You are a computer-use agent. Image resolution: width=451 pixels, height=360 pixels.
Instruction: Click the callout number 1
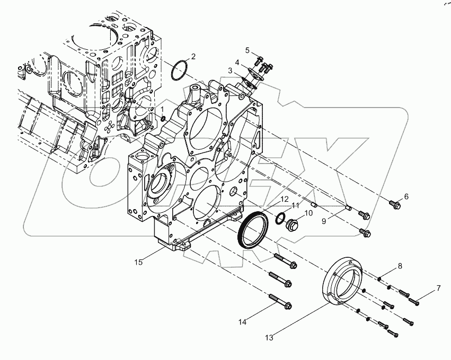163,109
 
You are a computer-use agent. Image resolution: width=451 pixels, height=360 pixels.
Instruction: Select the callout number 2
193,56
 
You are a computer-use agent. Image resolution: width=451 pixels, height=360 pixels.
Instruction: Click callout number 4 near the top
237,62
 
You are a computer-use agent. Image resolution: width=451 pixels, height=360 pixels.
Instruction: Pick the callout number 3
231,70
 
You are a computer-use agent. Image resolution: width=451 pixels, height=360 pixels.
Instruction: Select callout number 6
406,196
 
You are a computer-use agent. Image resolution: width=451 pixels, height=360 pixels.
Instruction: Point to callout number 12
285,199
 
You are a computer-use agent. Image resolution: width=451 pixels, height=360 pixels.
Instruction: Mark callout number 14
243,321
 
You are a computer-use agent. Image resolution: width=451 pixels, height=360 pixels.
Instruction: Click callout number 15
138,261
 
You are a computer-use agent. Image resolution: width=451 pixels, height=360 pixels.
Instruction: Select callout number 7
438,288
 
